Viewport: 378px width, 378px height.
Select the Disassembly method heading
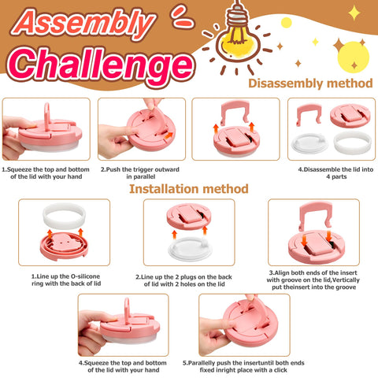click(x=309, y=83)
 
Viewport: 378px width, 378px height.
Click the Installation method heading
click(x=189, y=189)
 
